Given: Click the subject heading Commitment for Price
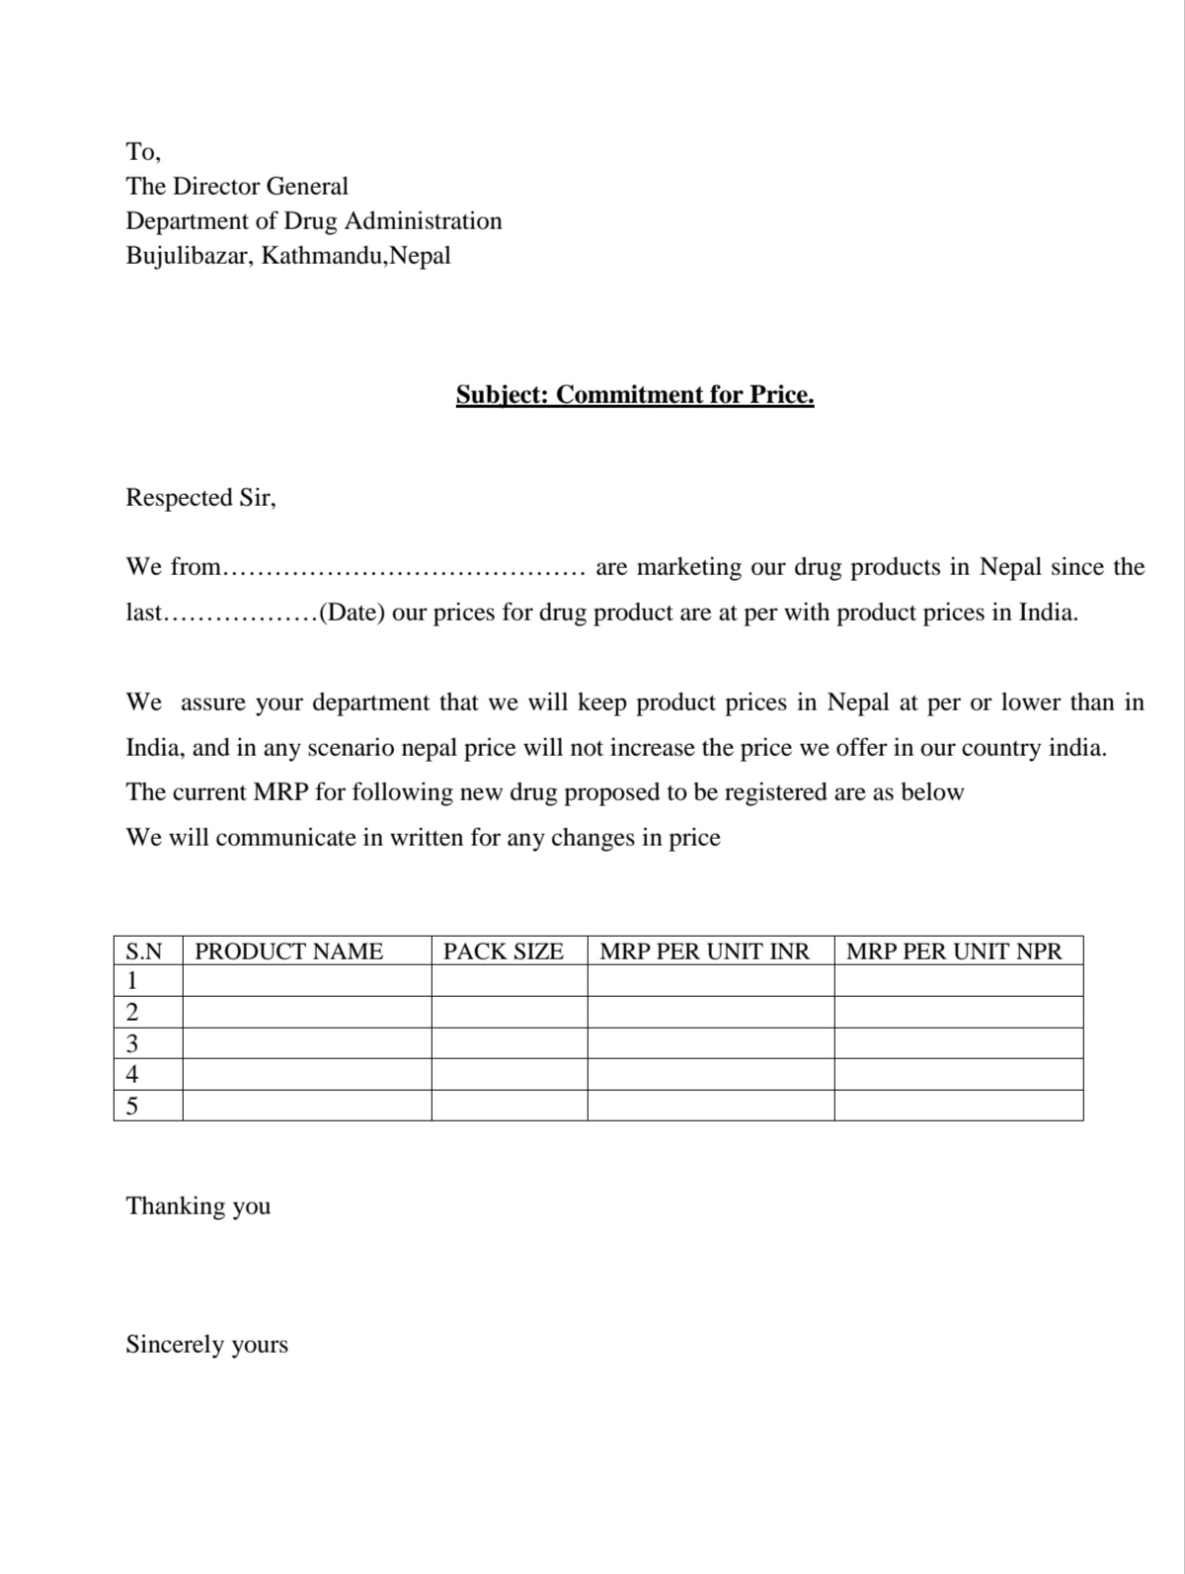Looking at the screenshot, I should [x=635, y=395].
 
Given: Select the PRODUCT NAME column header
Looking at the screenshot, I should [x=288, y=952].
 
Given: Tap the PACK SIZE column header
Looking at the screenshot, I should [x=503, y=952].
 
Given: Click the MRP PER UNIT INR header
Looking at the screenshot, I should [x=704, y=952].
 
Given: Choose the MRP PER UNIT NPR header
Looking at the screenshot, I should [x=954, y=952].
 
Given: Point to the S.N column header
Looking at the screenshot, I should [x=144, y=952].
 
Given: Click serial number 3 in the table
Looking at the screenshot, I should [x=132, y=1043].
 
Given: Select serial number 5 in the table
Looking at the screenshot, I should [x=132, y=1106].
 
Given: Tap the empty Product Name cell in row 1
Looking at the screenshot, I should [x=306, y=981].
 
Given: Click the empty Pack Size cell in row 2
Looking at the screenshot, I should [x=509, y=1012].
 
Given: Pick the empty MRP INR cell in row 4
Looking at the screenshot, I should [x=710, y=1074].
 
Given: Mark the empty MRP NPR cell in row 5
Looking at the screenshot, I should [x=958, y=1106].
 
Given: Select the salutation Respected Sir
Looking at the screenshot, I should [x=200, y=498].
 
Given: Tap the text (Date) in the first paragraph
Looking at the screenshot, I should [x=352, y=613].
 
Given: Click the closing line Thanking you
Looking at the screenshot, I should [x=197, y=1206].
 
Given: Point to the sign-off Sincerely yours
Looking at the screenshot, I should [x=206, y=1345].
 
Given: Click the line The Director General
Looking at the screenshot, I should [x=237, y=187].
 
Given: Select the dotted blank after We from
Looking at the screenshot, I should [x=405, y=570].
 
